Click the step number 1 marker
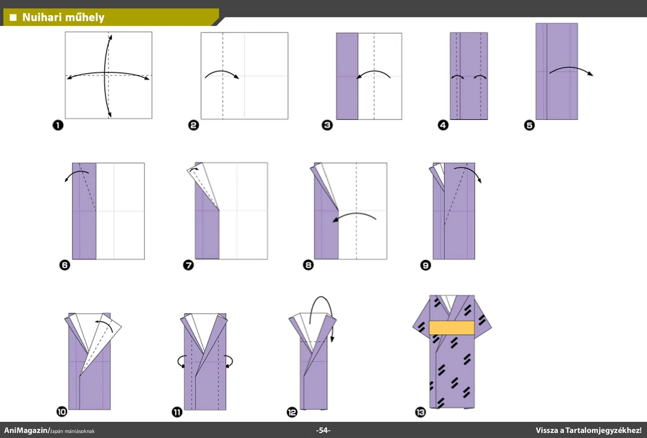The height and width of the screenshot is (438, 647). coord(58,125)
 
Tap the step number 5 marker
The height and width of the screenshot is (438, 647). coord(530,125)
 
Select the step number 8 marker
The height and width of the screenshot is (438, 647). coord(309,265)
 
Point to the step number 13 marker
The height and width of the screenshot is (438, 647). coord(421,412)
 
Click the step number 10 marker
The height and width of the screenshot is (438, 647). coord(62,411)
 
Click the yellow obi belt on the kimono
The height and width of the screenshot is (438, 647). coord(452,328)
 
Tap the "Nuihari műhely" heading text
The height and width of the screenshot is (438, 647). coord(63,17)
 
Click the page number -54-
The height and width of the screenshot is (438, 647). coord(323,430)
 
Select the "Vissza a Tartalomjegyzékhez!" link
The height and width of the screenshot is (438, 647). coord(588,430)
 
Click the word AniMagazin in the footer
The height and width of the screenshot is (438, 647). coord(26,430)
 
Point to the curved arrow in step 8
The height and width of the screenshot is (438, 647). coord(354,215)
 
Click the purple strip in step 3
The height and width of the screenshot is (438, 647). coord(347,76)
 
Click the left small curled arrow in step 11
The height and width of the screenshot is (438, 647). coord(181,362)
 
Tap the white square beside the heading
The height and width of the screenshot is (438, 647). coord(13,17)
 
